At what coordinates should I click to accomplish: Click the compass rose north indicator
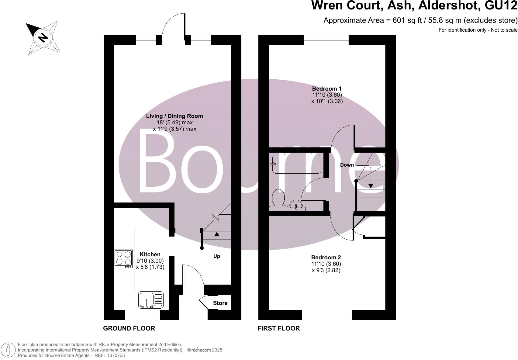click(x=43, y=38)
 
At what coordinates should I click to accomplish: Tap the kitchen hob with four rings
click(x=123, y=258)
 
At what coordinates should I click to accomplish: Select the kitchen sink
click(x=151, y=300)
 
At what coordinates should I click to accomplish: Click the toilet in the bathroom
click(x=278, y=198)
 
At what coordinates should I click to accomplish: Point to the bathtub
click(x=295, y=164)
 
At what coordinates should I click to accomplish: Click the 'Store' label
click(x=220, y=303)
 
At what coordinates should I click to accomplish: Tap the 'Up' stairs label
click(x=216, y=256)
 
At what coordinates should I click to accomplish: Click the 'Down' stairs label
click(x=347, y=165)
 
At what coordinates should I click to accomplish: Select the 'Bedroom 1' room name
click(x=327, y=88)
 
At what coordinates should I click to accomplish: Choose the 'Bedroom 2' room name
click(x=326, y=258)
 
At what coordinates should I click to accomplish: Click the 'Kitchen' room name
click(x=150, y=254)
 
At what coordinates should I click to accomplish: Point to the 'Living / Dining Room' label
click(x=174, y=116)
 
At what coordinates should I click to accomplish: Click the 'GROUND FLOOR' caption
click(x=129, y=328)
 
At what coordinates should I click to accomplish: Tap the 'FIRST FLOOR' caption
click(x=278, y=328)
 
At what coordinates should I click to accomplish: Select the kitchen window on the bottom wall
click(x=142, y=317)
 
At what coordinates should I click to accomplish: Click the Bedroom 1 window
click(x=326, y=40)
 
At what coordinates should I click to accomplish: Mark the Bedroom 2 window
click(x=327, y=315)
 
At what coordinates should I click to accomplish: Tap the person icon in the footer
click(x=8, y=350)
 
